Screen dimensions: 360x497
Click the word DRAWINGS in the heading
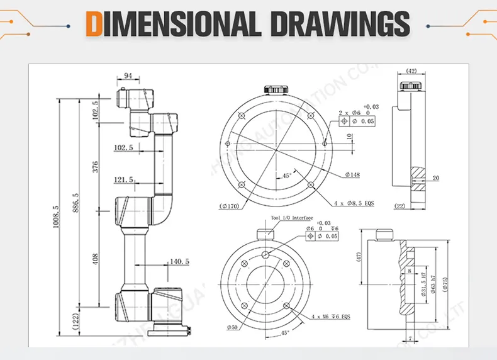click(340, 25)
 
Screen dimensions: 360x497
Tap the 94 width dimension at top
click(128, 76)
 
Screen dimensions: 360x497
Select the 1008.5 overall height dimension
click(55, 217)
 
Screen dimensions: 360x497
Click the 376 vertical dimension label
click(96, 167)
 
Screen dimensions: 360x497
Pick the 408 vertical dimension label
click(96, 259)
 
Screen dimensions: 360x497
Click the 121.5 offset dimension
click(123, 180)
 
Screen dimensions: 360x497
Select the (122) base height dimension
click(76, 322)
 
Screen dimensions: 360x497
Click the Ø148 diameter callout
click(352, 174)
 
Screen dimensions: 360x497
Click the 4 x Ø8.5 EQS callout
click(353, 203)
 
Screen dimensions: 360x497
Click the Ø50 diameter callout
click(233, 328)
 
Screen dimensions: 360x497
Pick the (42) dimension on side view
click(411, 71)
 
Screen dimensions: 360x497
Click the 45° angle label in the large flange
click(286, 176)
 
